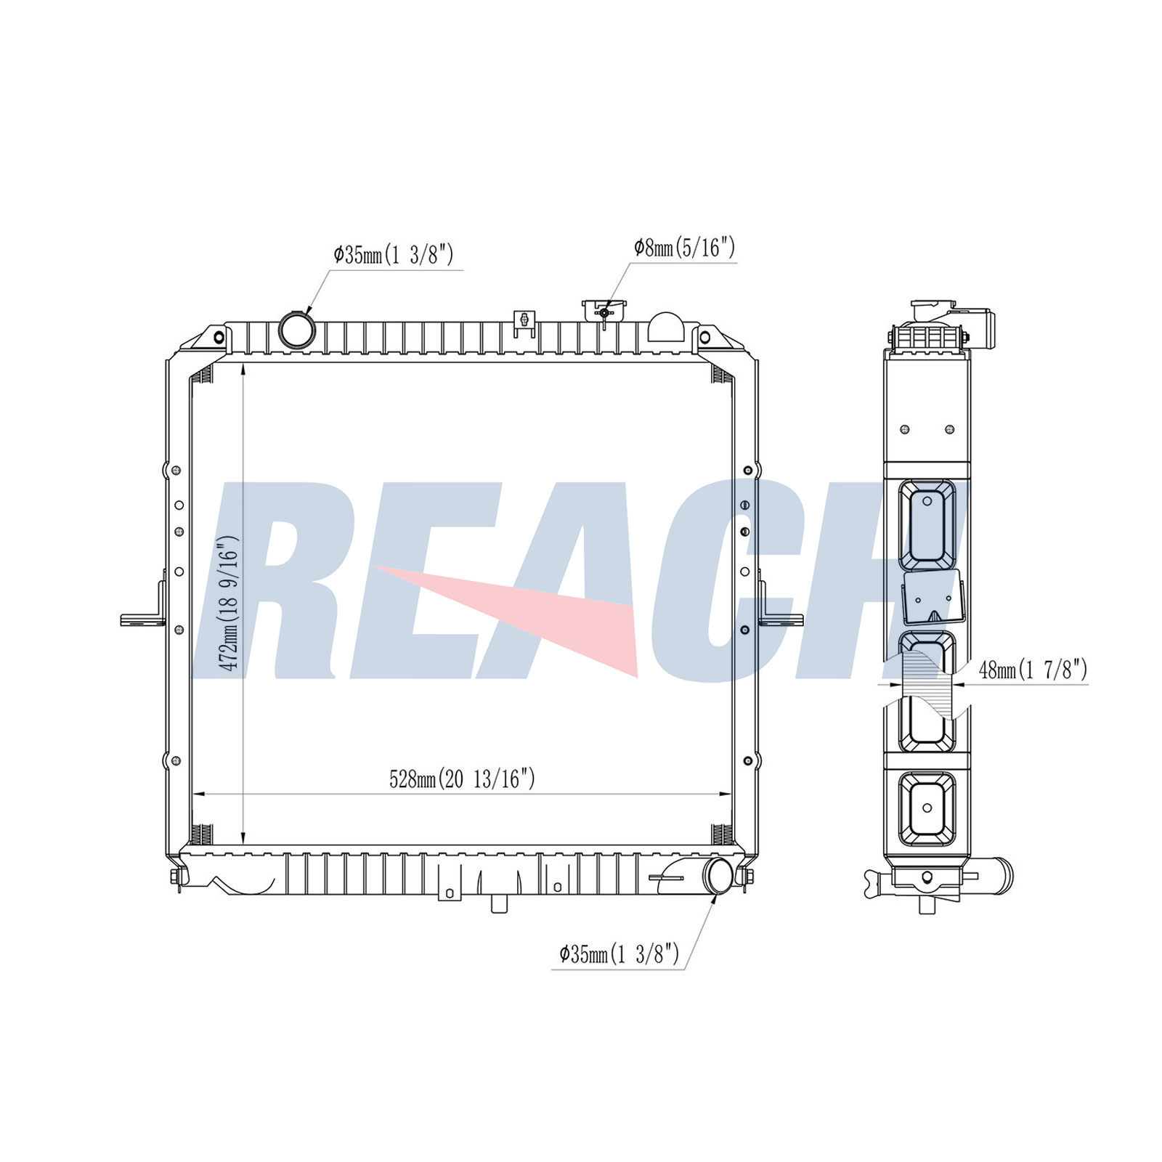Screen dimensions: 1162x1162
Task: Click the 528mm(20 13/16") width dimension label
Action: point(463,779)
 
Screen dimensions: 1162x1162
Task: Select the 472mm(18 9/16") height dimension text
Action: point(229,603)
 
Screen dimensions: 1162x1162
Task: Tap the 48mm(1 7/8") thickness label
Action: point(1033,669)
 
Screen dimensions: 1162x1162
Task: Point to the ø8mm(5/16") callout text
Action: point(685,248)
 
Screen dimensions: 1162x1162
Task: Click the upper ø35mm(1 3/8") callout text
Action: point(394,255)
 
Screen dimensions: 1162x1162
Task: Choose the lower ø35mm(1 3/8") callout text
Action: point(619,954)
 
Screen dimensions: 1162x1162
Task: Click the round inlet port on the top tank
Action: point(297,330)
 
